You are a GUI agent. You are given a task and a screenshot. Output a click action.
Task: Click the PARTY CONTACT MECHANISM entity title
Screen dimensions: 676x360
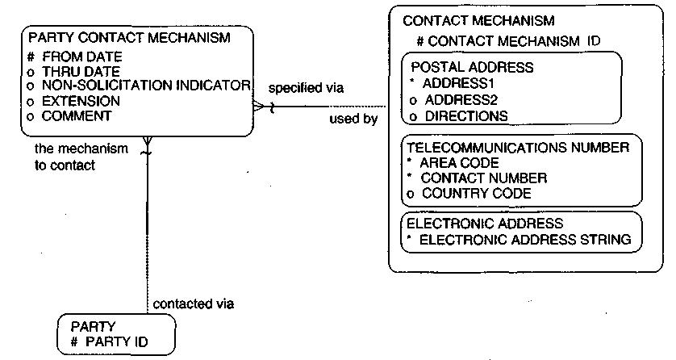click(129, 37)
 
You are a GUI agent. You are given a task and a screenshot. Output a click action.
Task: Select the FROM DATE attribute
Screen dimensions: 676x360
click(82, 57)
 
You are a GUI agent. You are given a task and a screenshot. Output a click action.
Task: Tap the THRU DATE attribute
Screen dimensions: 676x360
click(81, 71)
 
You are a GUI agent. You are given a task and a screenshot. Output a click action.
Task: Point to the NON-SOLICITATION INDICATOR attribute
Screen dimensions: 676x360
click(146, 86)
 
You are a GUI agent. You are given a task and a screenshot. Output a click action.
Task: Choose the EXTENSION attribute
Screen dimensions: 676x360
click(81, 101)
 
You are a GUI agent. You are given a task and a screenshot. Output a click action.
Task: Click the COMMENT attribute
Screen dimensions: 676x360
click(77, 116)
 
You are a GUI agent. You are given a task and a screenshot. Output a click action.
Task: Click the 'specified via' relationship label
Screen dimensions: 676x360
click(306, 88)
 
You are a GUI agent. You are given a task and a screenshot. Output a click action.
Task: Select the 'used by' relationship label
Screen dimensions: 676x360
click(353, 119)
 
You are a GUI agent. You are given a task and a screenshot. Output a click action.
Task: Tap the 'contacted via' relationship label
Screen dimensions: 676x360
click(194, 304)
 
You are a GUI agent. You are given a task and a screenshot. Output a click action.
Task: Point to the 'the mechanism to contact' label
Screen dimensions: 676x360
click(81, 157)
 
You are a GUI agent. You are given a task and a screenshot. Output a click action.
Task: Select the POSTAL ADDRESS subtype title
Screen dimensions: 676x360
click(472, 67)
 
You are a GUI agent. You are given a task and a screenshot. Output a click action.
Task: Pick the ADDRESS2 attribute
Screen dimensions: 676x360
click(461, 100)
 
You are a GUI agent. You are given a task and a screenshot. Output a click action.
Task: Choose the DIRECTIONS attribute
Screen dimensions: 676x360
click(466, 116)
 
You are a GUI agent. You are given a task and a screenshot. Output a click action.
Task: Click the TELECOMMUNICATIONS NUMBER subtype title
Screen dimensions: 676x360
click(518, 148)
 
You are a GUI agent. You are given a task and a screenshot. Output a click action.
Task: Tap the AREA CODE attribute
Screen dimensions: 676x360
click(459, 163)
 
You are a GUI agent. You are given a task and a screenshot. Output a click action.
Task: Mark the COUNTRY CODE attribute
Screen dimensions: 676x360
click(477, 193)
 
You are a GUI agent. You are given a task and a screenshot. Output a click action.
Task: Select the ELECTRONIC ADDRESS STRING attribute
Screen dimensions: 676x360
click(525, 239)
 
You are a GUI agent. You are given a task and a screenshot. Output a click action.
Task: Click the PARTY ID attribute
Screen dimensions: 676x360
click(116, 342)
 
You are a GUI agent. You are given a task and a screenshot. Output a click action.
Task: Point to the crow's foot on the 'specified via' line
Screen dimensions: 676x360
click(259, 106)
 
